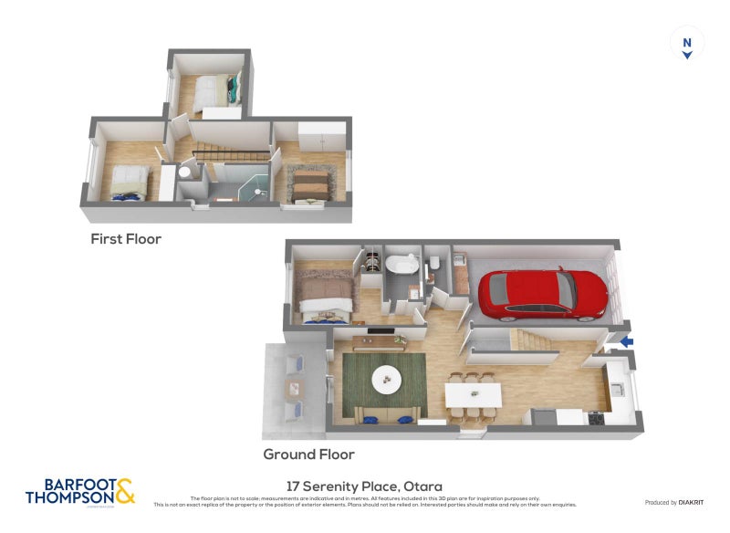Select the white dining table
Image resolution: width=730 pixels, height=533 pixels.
(x=473, y=395)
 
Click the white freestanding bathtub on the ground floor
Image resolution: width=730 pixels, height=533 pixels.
(x=401, y=266)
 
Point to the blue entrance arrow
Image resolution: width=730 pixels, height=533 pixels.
(x=626, y=342)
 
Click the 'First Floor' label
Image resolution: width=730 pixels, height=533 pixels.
(x=126, y=239)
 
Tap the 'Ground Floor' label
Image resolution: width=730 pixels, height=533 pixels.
(x=308, y=454)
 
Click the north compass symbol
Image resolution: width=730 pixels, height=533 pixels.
(x=687, y=43)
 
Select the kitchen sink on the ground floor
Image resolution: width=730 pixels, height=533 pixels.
(x=619, y=389)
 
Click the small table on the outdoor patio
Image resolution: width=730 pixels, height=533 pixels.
(x=294, y=389)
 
